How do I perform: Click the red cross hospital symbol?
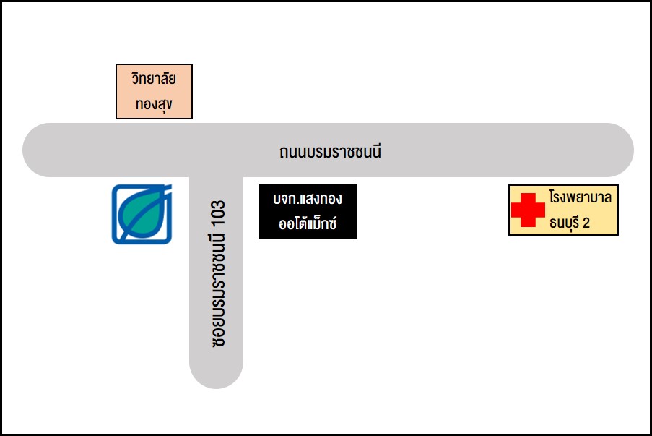(x=528, y=210)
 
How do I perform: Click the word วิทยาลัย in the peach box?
(x=154, y=78)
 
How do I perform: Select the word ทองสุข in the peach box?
(x=154, y=104)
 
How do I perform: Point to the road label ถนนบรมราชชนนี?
(x=330, y=152)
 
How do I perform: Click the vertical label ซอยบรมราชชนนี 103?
(x=218, y=273)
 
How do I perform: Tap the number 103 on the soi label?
(x=218, y=213)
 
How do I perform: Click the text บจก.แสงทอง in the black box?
(x=308, y=199)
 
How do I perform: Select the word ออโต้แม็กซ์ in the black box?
(x=308, y=223)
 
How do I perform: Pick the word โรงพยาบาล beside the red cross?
(x=580, y=197)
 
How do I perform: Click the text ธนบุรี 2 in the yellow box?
(x=569, y=223)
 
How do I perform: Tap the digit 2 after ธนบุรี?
(x=586, y=223)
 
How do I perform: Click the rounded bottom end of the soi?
(x=216, y=377)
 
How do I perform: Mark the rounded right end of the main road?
(x=621, y=150)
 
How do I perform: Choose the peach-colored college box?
(x=154, y=91)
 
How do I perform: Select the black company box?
(x=308, y=212)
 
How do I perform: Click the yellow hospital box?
(x=563, y=210)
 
